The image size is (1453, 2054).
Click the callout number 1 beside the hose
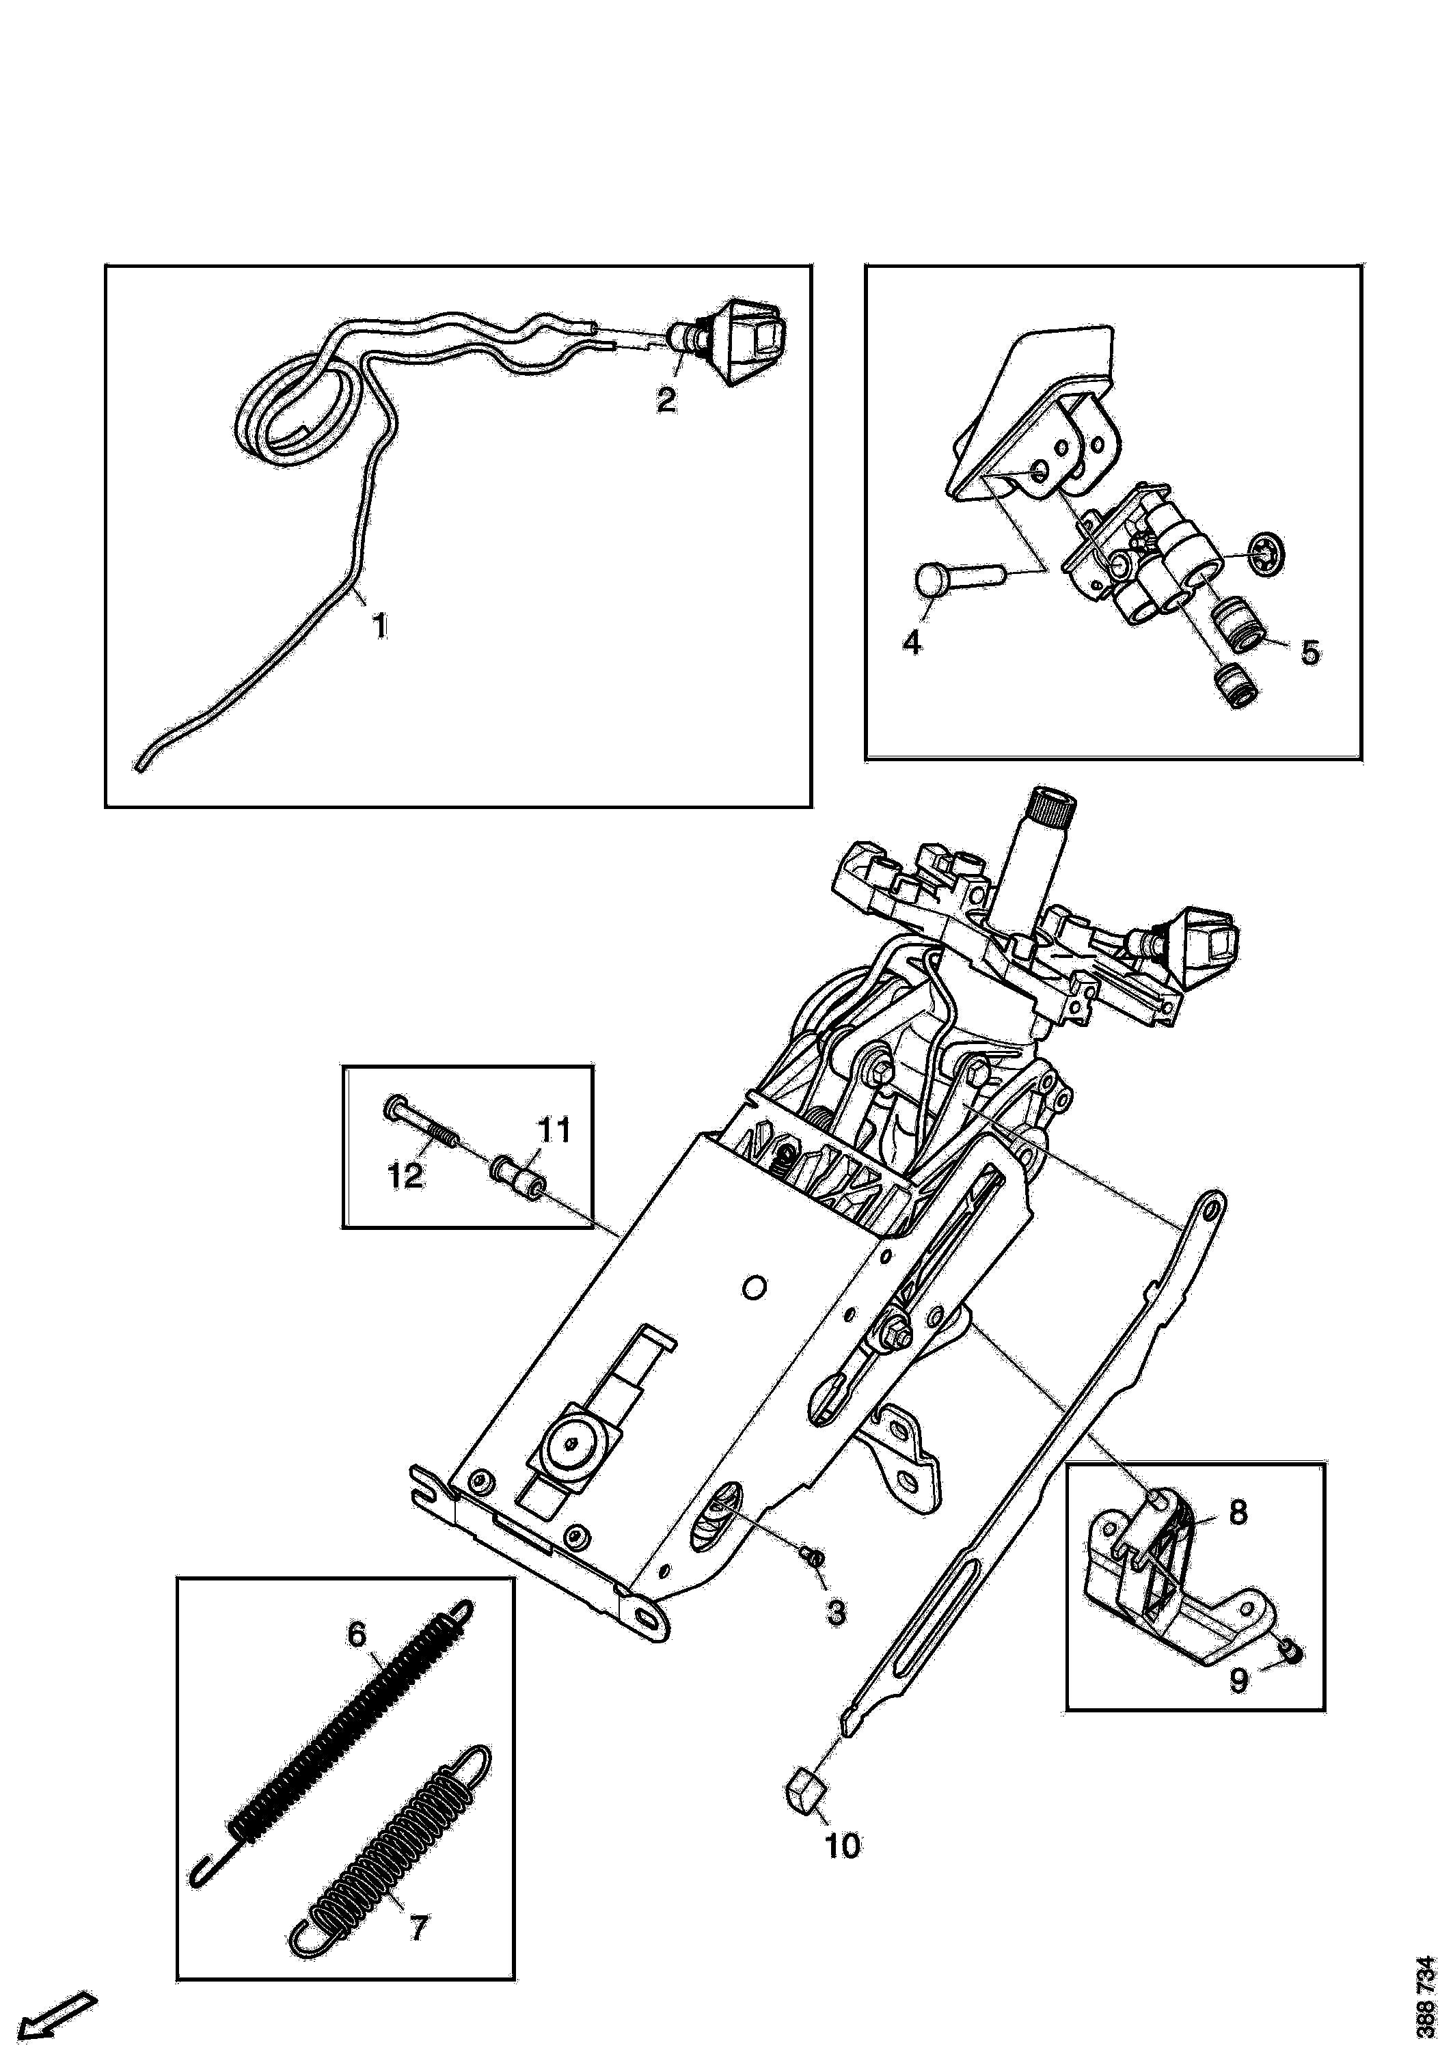point(380,625)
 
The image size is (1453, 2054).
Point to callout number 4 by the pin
point(912,642)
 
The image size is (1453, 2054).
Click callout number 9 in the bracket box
point(1238,1681)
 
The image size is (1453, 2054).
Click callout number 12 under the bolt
point(405,1175)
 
